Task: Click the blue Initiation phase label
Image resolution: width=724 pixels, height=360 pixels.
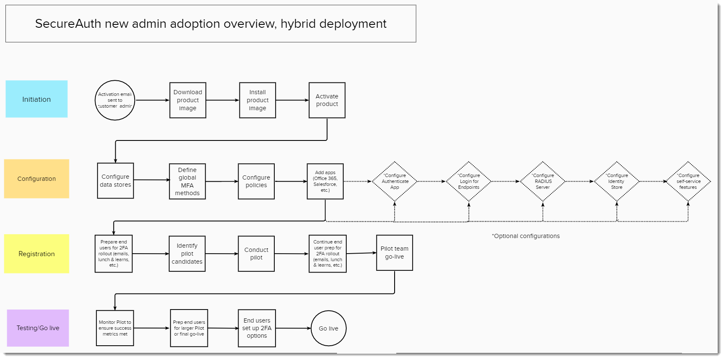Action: tap(37, 99)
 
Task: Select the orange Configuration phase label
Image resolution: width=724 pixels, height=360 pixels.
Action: tap(37, 179)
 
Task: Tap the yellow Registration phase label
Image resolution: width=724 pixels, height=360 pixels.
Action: tap(37, 254)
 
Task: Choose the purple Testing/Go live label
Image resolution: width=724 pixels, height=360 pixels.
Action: tap(38, 328)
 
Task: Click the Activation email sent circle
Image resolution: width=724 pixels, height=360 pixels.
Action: tap(115, 100)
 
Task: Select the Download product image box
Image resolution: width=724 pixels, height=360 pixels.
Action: tap(188, 100)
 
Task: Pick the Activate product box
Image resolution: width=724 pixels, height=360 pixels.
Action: tap(327, 100)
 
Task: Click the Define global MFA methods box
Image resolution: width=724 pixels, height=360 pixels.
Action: tap(187, 181)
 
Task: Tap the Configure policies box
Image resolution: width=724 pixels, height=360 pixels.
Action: tap(256, 181)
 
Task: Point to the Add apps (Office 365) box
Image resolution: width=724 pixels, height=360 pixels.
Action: tap(325, 181)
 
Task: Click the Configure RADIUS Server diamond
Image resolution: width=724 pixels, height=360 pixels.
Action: tap(543, 181)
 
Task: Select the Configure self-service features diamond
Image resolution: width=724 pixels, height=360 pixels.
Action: tap(688, 181)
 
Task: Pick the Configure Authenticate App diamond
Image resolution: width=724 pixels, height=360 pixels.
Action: tap(395, 181)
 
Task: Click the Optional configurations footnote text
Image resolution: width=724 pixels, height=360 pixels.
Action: tap(526, 236)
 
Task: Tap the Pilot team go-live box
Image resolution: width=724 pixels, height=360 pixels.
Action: tap(394, 253)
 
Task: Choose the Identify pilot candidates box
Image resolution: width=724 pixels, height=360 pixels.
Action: tap(187, 254)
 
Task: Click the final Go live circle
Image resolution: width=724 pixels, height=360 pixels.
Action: tap(329, 328)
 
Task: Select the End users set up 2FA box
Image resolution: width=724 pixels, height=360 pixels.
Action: tap(257, 328)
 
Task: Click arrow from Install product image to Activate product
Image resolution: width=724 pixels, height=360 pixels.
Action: tap(292, 100)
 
